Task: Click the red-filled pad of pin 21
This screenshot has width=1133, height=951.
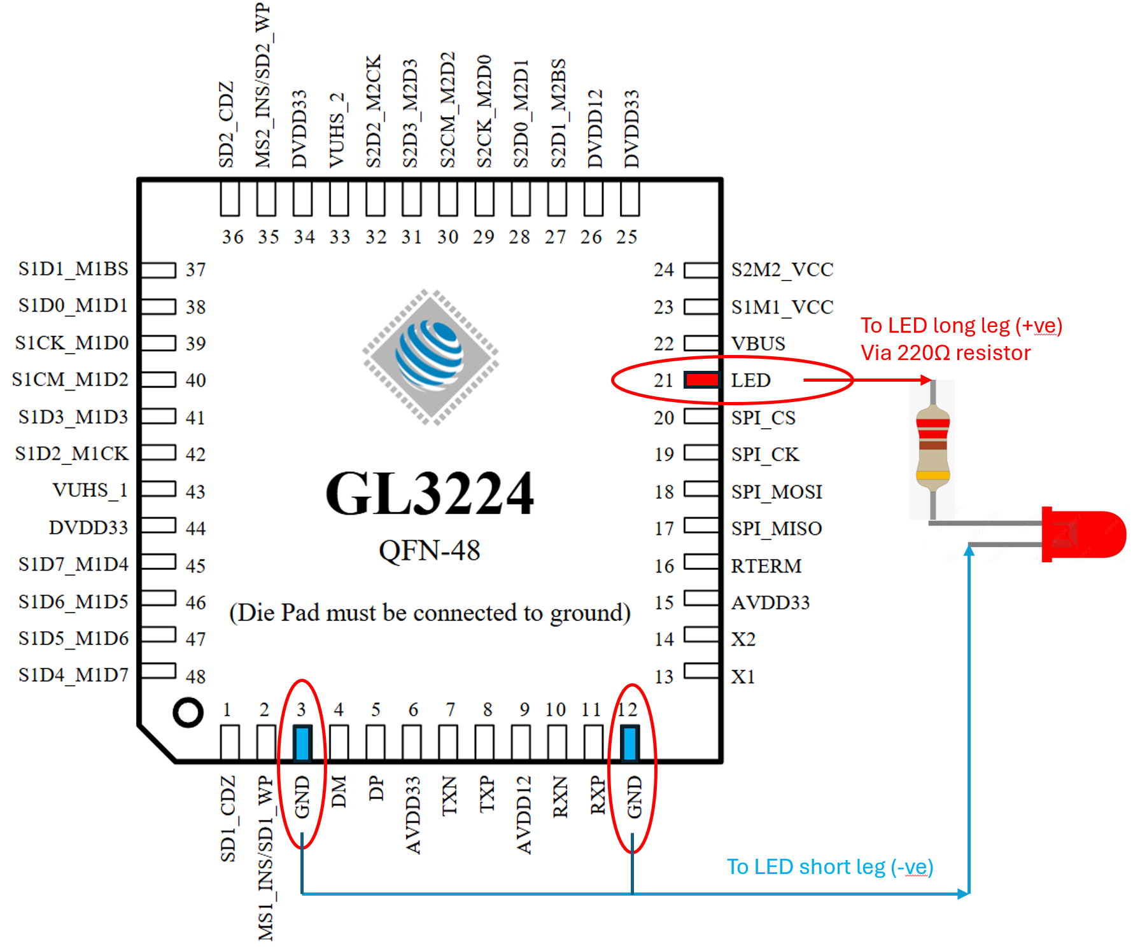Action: coord(702,380)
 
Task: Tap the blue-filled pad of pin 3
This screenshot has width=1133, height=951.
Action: coord(302,742)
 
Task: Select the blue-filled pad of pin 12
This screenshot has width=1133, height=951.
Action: coord(630,742)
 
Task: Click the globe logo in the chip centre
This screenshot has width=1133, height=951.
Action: coord(430,357)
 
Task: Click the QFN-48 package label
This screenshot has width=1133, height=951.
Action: coord(430,550)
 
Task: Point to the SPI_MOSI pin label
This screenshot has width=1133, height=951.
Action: coord(777,492)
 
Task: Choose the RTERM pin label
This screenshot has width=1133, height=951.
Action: coord(766,566)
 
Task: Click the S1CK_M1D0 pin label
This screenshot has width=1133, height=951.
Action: coord(72,343)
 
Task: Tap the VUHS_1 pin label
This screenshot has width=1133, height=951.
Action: coord(90,490)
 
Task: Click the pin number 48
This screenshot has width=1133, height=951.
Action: coord(196,676)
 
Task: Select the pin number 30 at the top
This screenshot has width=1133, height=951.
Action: coord(447,237)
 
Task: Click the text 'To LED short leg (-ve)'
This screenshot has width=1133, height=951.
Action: coord(830,867)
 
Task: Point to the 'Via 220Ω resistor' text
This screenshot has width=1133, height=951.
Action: coord(946,352)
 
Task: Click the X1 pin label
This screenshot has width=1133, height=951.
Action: coord(743,676)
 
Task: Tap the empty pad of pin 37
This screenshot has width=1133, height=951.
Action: coord(158,270)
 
